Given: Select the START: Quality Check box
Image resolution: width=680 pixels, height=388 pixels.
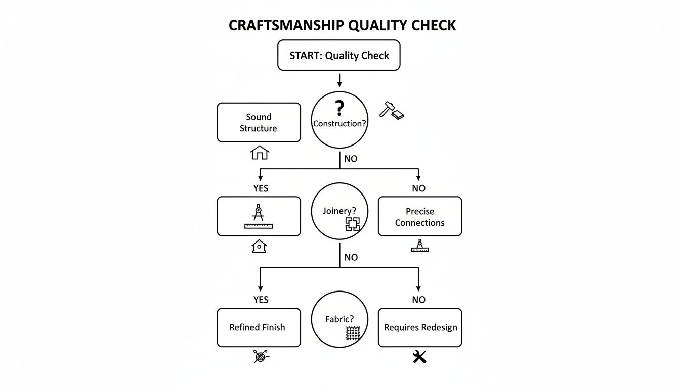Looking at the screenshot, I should tap(339, 55).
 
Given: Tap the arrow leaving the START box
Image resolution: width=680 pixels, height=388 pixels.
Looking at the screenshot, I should tap(339, 79).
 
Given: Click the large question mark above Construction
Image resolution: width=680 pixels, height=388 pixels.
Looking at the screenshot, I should tap(339, 108).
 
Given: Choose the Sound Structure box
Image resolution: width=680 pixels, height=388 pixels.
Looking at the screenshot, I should tap(259, 122).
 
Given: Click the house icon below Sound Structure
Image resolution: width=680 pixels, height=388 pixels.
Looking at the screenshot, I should tap(260, 152).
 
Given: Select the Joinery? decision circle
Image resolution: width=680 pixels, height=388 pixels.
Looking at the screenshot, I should tap(339, 211).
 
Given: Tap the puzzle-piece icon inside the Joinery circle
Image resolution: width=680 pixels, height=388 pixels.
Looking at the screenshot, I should tap(352, 224).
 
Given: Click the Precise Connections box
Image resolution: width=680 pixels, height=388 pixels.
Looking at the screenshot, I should tap(419, 216).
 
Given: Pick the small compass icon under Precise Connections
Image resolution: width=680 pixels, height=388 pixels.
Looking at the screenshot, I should tap(419, 246).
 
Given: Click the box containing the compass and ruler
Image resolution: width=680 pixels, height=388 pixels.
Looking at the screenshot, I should tap(259, 216).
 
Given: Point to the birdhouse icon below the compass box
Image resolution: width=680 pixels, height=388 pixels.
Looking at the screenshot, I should tap(259, 246).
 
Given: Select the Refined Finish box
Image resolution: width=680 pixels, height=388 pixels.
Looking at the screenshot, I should tap(259, 327).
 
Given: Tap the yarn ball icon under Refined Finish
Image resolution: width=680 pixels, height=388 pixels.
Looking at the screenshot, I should tap(261, 357).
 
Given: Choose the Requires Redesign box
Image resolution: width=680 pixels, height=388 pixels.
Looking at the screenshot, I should tap(419, 327).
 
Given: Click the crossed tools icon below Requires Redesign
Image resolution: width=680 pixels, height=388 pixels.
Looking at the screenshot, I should tap(419, 357).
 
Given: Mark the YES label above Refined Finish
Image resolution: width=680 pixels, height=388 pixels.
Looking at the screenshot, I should tap(261, 300).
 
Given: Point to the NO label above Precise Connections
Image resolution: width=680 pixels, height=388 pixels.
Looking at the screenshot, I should tap(418, 188).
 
